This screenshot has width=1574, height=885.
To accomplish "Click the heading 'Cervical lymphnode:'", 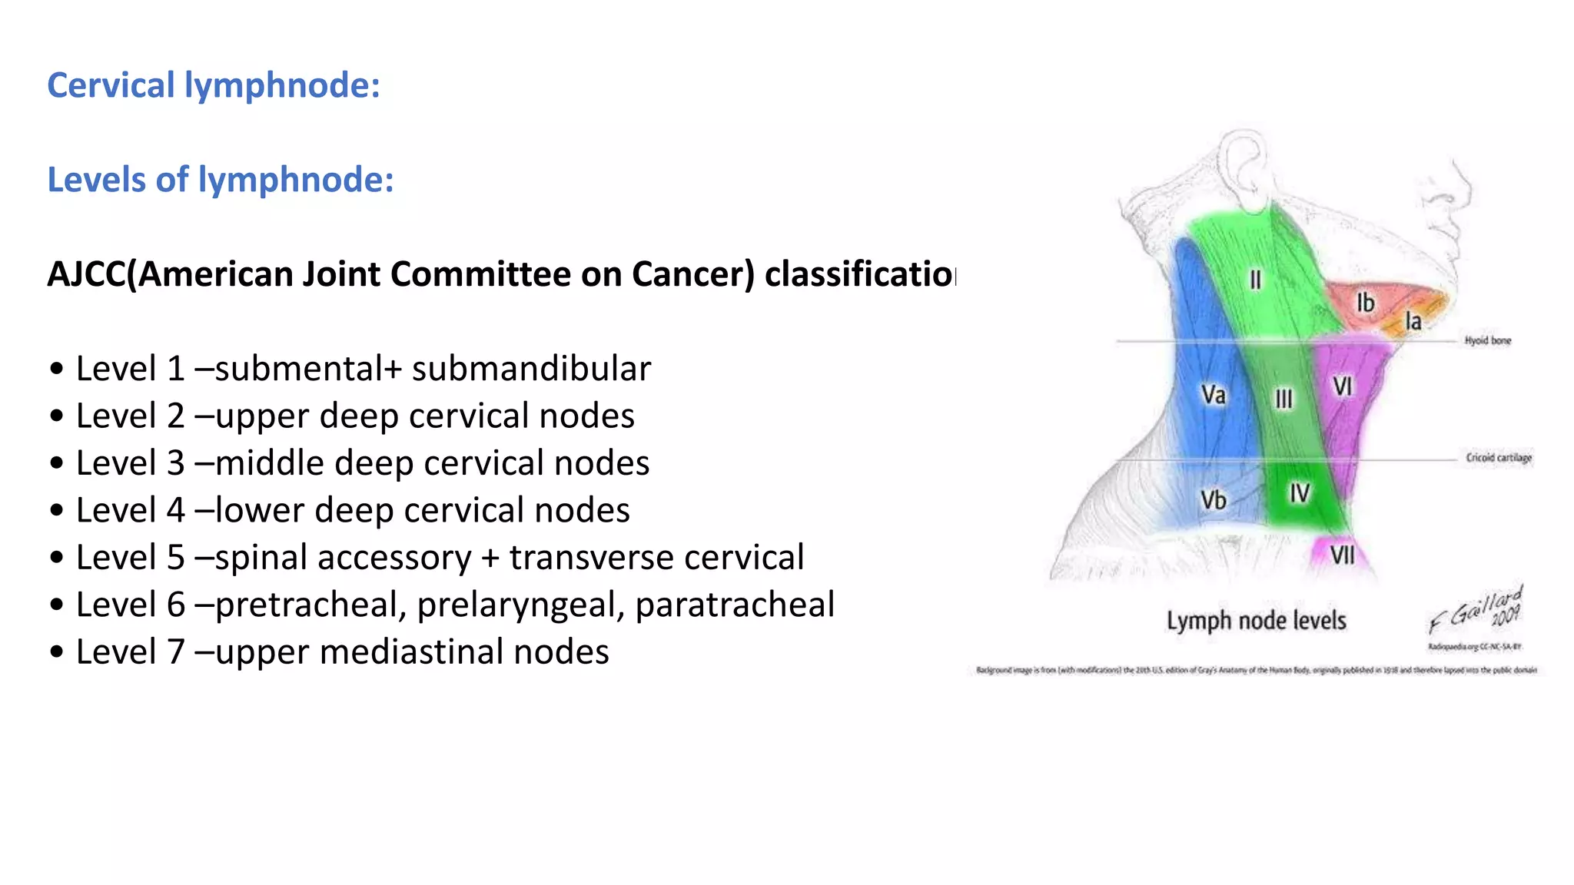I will [x=214, y=85].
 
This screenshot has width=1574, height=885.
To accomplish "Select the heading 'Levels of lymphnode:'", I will [x=221, y=180].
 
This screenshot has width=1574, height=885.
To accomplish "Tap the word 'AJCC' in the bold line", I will [x=86, y=274].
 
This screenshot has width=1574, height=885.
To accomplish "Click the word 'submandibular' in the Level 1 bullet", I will [x=531, y=369].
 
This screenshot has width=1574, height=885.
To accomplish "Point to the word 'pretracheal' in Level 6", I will [x=310, y=605].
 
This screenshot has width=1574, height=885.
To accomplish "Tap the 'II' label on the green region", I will [x=1255, y=280].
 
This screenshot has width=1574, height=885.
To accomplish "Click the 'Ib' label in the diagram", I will [x=1365, y=303].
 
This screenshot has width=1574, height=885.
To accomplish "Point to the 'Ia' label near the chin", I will [x=1413, y=321].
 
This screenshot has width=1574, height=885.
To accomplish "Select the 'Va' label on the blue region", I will [x=1213, y=395].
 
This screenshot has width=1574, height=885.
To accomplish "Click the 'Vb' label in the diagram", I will [x=1213, y=500].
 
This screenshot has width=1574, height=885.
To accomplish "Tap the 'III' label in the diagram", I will [x=1283, y=399].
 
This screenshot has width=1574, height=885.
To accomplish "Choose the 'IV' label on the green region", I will [x=1300, y=493].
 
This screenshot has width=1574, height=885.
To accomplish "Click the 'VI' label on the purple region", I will [x=1342, y=386].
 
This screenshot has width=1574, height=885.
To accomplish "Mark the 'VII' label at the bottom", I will [x=1342, y=555].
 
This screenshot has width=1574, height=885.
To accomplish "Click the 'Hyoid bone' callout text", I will [x=1487, y=340].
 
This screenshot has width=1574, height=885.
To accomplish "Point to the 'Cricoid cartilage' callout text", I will [x=1498, y=458].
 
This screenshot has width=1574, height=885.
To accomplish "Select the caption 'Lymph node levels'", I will [x=1256, y=621].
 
